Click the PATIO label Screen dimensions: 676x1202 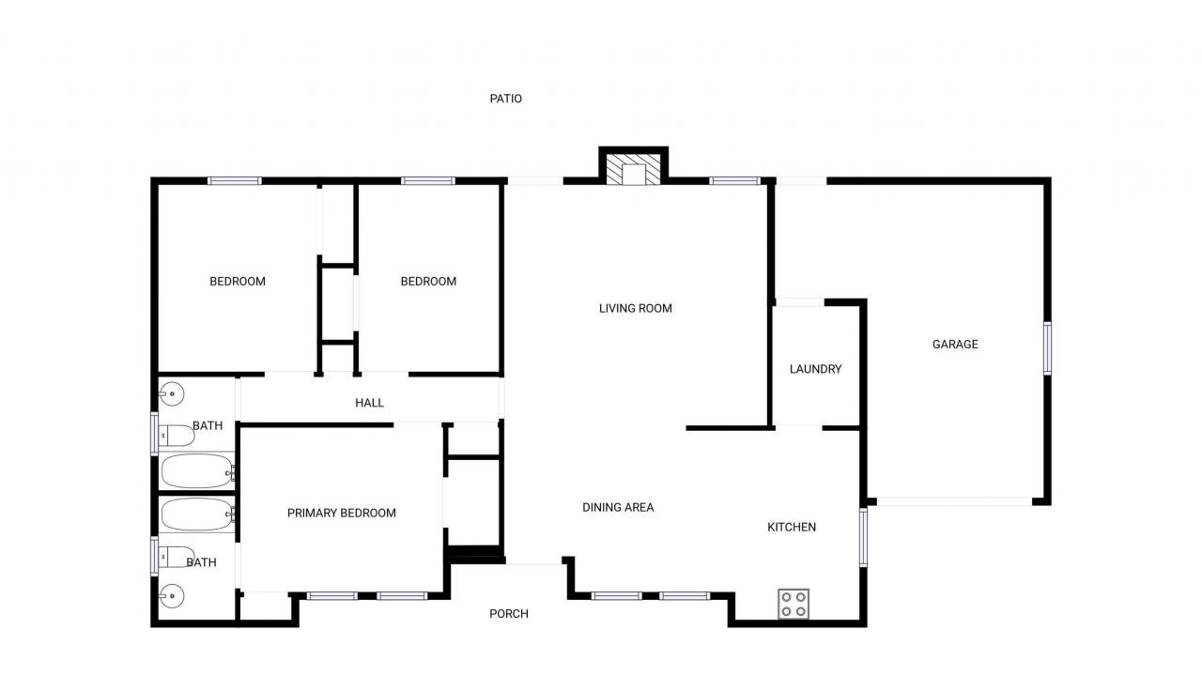(x=505, y=99)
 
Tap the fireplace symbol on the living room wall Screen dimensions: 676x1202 (x=633, y=172)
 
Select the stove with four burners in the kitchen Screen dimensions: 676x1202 (x=794, y=604)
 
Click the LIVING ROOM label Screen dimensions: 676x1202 (x=636, y=308)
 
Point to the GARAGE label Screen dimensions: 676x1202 (x=955, y=345)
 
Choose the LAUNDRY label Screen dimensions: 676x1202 (x=815, y=369)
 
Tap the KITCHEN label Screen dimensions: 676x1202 (x=792, y=527)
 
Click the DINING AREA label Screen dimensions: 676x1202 (x=618, y=507)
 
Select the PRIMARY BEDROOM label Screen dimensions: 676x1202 (x=341, y=513)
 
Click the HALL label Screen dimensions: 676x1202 (x=369, y=403)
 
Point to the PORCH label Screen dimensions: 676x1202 (x=509, y=614)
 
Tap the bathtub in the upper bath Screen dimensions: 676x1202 (x=197, y=470)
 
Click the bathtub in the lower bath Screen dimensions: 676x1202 (x=197, y=514)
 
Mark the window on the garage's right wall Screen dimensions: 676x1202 (x=1047, y=348)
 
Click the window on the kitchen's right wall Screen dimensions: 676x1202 (x=863, y=538)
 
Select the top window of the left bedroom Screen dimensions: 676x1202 (x=235, y=180)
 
